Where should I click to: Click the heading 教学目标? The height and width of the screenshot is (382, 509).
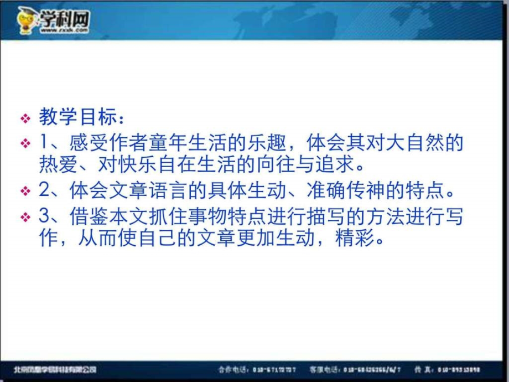(77, 117)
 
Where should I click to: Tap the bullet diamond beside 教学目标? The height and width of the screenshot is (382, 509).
(25, 118)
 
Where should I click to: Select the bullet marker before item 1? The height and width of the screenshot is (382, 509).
(25, 143)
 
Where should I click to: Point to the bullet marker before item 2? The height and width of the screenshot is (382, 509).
(25, 192)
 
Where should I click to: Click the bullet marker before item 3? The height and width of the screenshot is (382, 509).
(25, 218)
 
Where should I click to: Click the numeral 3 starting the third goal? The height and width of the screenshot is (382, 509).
(44, 217)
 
